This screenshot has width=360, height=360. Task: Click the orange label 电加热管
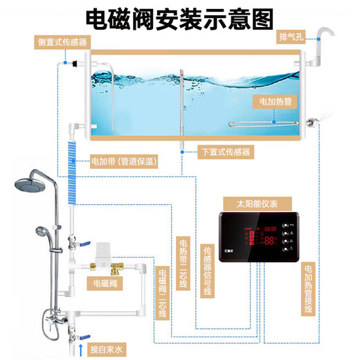[274, 101]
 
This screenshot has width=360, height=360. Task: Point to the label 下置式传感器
[225, 152]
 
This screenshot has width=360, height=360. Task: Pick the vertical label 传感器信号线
[206, 271]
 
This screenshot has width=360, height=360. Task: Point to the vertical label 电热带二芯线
[183, 264]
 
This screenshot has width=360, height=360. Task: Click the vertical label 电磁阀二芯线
[162, 294]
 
